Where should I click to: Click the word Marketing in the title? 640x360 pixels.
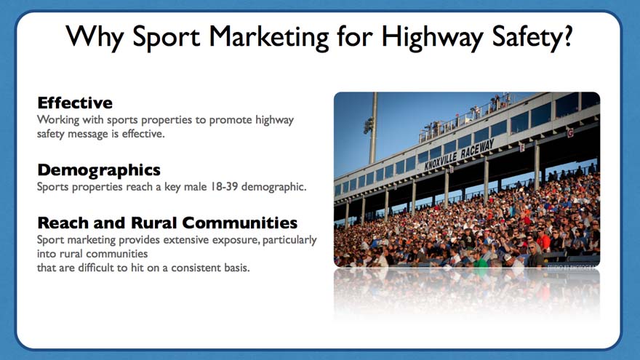coord(268,38)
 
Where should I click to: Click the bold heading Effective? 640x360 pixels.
coord(75,103)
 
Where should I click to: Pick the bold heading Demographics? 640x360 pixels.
coord(99,170)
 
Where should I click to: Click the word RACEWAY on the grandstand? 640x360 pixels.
coord(477,148)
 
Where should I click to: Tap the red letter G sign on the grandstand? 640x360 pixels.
coord(570,132)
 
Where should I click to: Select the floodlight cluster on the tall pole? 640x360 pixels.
coord(369,126)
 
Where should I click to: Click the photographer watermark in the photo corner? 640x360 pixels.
coord(573,266)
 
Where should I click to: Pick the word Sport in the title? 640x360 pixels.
coord(167,38)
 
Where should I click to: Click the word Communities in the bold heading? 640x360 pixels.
coord(239,223)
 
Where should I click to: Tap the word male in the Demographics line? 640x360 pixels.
coord(196,186)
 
